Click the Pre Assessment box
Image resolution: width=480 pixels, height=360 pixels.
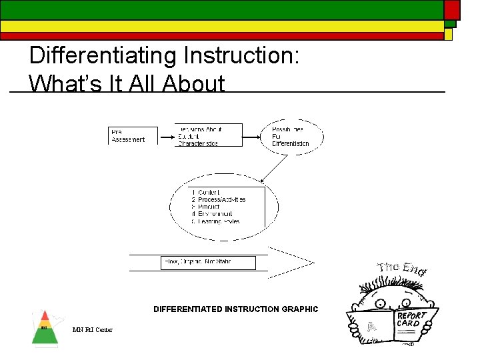(x=133, y=135)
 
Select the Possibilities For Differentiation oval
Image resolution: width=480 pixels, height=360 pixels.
(x=291, y=136)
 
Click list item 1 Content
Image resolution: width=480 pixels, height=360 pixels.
(x=207, y=193)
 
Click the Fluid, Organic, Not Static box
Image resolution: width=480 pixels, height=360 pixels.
(x=208, y=263)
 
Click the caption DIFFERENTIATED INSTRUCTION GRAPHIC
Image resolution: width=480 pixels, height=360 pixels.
(x=235, y=309)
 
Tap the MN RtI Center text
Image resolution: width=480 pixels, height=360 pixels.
(x=93, y=330)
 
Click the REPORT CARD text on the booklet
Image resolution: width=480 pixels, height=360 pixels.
(x=411, y=319)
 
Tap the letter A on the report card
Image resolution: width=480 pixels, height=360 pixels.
(x=372, y=327)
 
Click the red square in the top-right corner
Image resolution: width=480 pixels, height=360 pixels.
(x=452, y=9)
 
